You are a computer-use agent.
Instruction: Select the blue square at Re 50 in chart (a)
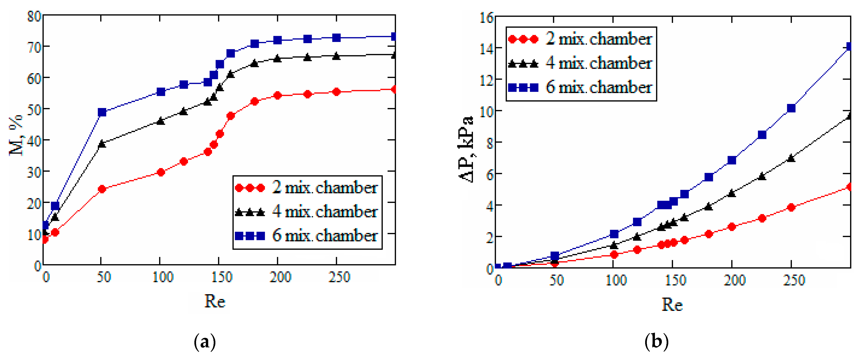pos(102,112)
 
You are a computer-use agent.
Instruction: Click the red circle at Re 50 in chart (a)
pos(102,189)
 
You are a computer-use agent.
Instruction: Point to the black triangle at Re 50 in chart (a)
pos(102,144)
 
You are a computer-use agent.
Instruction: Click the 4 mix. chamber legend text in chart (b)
pos(598,63)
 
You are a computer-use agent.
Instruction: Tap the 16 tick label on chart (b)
pos(486,18)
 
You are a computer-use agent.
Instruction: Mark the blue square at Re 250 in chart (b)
pos(791,108)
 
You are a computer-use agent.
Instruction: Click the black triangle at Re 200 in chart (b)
pos(732,193)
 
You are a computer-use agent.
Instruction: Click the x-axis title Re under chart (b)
pos(672,304)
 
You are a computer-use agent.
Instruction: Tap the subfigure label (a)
pos(205,342)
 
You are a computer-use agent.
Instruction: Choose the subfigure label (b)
pos(656,342)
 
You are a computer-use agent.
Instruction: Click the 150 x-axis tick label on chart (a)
pos(221,277)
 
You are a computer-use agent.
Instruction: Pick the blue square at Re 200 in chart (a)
pos(277,41)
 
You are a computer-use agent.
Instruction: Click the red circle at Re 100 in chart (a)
pos(161,172)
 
